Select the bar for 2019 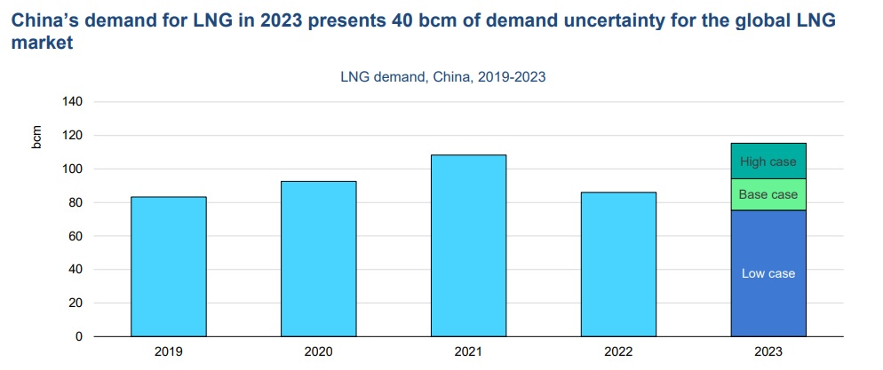point(169,266)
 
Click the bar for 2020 point(318,258)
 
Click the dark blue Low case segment point(768,273)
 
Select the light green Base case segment point(768,194)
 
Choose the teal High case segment point(768,161)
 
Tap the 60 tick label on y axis point(76,236)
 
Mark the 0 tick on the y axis point(79,337)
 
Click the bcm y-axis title point(37,137)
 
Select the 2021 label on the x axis point(468,352)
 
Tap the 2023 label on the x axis point(768,352)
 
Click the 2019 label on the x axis point(169,352)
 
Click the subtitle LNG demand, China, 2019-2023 point(442,76)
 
